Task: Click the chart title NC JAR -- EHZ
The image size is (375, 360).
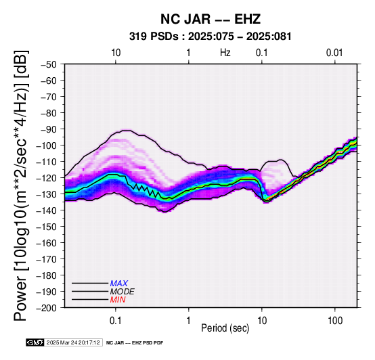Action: (x=211, y=19)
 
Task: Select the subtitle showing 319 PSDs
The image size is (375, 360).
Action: (x=211, y=37)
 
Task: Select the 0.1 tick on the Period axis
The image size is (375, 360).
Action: (x=116, y=321)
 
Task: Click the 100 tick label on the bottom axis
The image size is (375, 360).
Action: (x=335, y=321)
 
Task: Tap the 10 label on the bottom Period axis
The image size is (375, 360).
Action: (x=262, y=321)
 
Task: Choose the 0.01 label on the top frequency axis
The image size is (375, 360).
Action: (x=334, y=53)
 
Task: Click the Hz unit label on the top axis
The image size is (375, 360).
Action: (x=225, y=53)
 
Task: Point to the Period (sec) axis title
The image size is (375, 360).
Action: (x=225, y=328)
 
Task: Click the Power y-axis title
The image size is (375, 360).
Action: (x=21, y=185)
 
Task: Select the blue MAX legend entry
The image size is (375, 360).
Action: (x=119, y=284)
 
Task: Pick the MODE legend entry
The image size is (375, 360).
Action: (x=123, y=292)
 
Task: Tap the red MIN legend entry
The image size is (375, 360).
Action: (x=118, y=300)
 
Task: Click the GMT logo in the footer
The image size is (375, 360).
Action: (x=35, y=343)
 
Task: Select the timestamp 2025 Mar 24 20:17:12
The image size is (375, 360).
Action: (x=73, y=343)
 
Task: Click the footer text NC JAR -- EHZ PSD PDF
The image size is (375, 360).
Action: (x=135, y=343)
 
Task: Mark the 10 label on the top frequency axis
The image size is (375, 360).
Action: (x=116, y=53)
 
